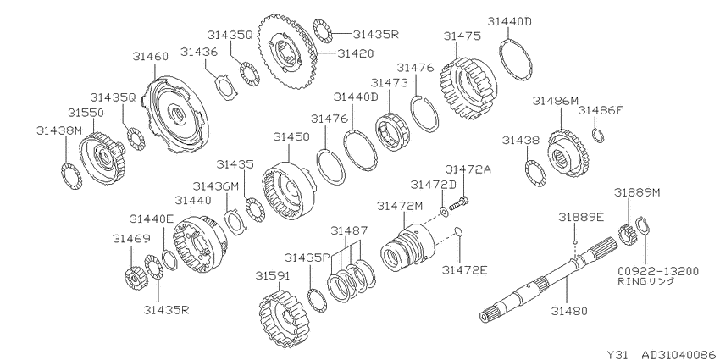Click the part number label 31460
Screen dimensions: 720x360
click(151, 56)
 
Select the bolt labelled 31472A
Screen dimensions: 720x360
click(459, 204)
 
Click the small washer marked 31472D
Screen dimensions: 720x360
click(444, 211)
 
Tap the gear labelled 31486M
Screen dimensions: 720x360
click(568, 152)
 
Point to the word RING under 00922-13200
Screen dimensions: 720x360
click(630, 281)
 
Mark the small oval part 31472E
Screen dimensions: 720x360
click(457, 233)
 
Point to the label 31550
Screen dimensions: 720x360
click(86, 113)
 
